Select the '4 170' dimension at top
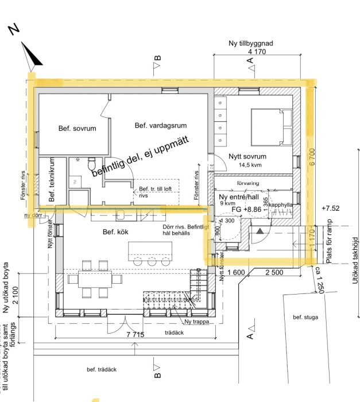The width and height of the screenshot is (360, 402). pyautogui.click(x=257, y=52)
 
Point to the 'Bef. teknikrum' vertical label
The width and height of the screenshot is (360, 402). pyautogui.click(x=51, y=180)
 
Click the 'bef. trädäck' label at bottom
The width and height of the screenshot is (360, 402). pyautogui.click(x=102, y=369)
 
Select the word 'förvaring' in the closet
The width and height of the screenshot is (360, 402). pyautogui.click(x=248, y=183)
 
